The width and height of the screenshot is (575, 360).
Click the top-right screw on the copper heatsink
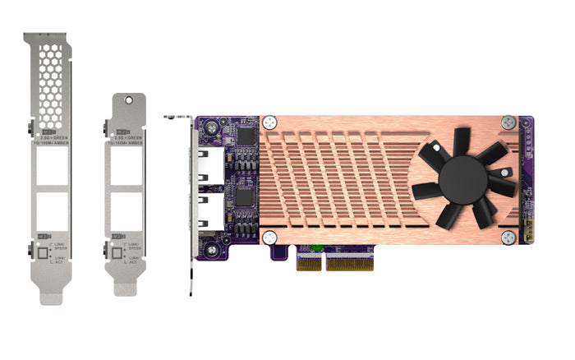pyautogui.click(x=508, y=121)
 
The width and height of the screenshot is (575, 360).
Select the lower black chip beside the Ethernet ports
pyautogui.click(x=244, y=198)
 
